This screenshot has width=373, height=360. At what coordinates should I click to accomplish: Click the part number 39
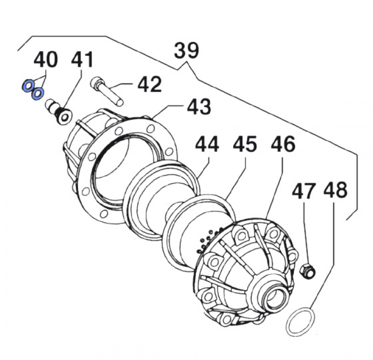(x=186, y=50)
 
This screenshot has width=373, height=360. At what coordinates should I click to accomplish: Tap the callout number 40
(x=46, y=60)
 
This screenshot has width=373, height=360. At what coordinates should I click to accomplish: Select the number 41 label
(x=82, y=60)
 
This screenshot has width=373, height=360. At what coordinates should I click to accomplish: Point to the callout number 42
(x=149, y=85)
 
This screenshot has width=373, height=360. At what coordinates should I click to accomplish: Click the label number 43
(x=199, y=107)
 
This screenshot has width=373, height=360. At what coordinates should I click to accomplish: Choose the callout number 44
(x=207, y=145)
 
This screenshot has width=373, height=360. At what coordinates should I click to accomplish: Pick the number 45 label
(x=244, y=145)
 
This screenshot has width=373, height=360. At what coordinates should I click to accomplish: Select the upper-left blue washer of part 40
(x=28, y=86)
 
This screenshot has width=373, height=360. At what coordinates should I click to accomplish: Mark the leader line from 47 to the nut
(x=306, y=233)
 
